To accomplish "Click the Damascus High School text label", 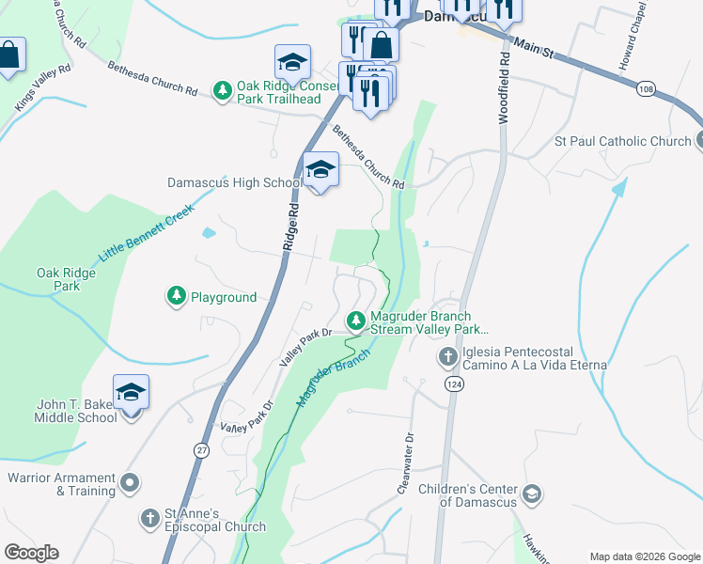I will (235, 182).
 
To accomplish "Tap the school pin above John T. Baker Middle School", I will (131, 392).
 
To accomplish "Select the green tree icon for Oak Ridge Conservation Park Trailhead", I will (223, 90).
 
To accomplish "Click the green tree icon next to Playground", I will (176, 297).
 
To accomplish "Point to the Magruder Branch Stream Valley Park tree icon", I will (356, 321).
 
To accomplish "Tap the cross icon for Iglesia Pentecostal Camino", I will (447, 357).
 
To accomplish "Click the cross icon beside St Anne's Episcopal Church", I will (149, 519).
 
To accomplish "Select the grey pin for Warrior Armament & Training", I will (130, 484).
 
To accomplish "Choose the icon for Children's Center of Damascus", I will (531, 494).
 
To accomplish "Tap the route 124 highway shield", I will (454, 384).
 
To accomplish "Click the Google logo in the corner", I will (31, 553).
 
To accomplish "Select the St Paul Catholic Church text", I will (622, 141).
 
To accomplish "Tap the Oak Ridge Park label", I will (59, 279).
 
